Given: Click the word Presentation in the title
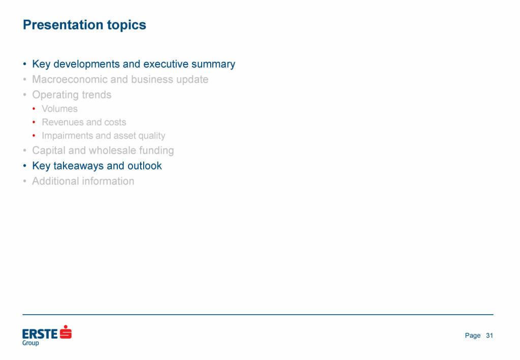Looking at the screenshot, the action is click(x=63, y=25).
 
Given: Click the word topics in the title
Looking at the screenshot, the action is click(x=126, y=25).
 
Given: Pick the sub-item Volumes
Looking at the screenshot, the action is click(x=60, y=109).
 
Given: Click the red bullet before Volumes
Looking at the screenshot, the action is click(x=34, y=109).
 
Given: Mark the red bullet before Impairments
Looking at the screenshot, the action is click(x=34, y=136).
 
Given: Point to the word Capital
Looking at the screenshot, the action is click(x=49, y=151).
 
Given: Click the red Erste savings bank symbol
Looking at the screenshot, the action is click(x=66, y=332).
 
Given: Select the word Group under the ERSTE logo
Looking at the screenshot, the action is click(x=30, y=343).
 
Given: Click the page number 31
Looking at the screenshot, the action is click(x=490, y=336).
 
